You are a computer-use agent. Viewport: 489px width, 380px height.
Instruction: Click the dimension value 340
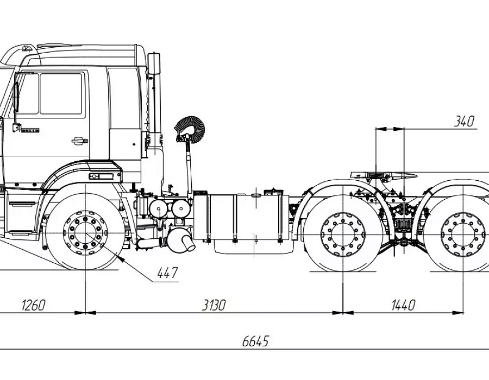[x=464, y=121]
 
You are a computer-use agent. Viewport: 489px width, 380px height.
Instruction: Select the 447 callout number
[x=167, y=273]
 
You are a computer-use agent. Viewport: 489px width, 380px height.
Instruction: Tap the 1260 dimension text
[x=33, y=305]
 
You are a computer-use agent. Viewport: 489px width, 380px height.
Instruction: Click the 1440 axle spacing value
[x=403, y=305]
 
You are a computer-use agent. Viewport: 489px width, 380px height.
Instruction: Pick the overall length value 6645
[x=255, y=341]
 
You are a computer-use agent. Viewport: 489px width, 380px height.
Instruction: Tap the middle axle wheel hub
[x=343, y=235]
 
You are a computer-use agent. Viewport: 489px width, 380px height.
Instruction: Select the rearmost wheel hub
[x=463, y=235]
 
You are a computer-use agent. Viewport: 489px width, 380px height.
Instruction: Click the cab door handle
[x=79, y=141]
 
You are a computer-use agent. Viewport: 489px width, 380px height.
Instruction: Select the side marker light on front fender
[x=102, y=176]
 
